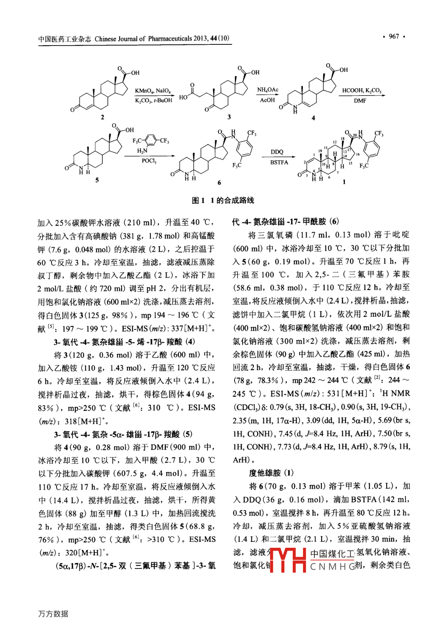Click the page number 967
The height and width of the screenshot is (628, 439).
[394, 36]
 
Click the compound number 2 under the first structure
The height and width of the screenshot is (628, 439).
[102, 117]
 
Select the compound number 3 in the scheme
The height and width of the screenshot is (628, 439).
[229, 117]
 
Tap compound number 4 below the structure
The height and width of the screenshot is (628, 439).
[313, 118]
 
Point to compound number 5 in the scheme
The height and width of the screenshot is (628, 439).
[97, 180]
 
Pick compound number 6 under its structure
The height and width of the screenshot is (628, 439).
[219, 182]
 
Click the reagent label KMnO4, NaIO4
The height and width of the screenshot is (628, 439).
[153, 91]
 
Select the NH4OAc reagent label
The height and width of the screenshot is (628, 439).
[267, 90]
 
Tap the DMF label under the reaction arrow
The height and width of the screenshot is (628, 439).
[360, 101]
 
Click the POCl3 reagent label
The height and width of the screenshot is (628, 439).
[149, 161]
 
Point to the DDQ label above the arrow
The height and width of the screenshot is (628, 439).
[277, 152]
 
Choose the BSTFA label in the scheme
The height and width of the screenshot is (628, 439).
[279, 162]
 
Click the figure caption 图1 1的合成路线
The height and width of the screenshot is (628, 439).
[223, 200]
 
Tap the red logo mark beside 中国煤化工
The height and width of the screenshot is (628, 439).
[287, 560]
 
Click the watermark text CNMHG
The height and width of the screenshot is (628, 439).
[333, 566]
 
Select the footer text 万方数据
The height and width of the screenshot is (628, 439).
[53, 614]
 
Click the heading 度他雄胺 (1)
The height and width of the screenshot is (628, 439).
[271, 473]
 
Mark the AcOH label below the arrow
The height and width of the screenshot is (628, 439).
[267, 101]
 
